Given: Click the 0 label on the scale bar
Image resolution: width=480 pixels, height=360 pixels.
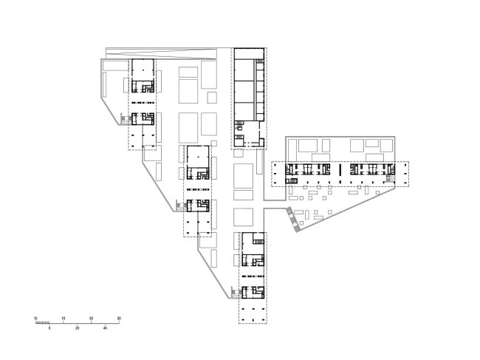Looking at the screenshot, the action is (x=49, y=328).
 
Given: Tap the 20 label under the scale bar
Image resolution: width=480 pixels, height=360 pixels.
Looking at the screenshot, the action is (x=77, y=328).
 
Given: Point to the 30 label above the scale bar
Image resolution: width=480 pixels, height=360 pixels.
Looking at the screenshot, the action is (x=92, y=319).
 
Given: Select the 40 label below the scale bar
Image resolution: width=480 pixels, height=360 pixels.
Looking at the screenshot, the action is (x=106, y=328).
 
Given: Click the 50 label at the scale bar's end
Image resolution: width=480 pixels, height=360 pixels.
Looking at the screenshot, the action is (x=119, y=319).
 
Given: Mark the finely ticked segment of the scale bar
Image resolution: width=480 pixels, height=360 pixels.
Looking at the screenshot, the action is (x=42, y=322).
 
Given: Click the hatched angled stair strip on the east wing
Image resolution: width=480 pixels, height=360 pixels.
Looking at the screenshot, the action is (x=293, y=220).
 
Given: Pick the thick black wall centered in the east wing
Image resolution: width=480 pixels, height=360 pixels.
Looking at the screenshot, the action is (x=340, y=170).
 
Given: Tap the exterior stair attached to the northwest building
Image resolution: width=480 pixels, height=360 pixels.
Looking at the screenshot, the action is (x=126, y=118).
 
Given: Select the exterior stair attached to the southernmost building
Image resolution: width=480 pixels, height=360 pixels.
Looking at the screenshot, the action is (x=236, y=292).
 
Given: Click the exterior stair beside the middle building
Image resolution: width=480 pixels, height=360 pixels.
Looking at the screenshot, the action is (x=181, y=206).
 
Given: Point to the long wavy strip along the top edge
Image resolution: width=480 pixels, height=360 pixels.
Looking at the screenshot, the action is (x=161, y=53).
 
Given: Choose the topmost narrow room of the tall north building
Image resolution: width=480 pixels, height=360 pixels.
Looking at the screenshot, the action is (x=249, y=54).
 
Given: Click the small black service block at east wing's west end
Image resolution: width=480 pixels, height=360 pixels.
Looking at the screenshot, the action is (x=292, y=181).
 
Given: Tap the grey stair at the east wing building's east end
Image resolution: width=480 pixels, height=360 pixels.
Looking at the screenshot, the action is (x=390, y=178).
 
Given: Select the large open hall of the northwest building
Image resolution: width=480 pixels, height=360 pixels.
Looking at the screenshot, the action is (x=143, y=70).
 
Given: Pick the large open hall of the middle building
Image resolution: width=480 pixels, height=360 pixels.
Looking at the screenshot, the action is (x=198, y=157).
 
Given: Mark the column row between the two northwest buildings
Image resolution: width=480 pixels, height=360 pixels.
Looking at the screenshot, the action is (x=143, y=103).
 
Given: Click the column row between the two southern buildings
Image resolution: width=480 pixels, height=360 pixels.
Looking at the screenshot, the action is (x=253, y=276).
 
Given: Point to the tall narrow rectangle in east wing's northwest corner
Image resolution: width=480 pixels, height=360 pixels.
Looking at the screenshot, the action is (x=293, y=150).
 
